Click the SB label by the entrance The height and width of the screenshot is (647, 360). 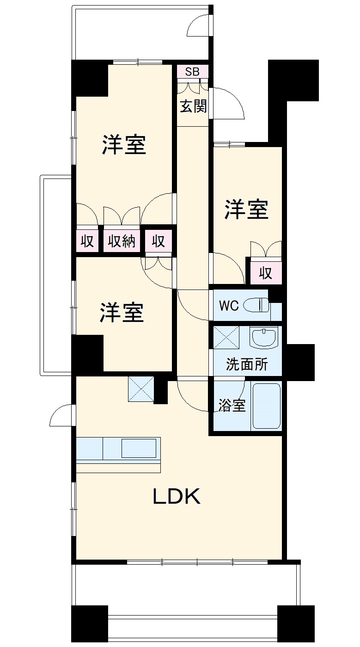(192, 72)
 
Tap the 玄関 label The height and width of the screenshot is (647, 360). (193, 107)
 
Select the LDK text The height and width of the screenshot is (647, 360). (177, 497)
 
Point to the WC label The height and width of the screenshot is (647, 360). (228, 306)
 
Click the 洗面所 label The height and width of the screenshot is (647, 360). (247, 364)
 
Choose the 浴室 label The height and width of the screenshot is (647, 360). (232, 406)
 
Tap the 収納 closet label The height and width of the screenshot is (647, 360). (122, 241)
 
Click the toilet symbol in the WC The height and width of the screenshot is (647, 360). (256, 306)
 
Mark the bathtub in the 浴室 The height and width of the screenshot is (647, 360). (267, 406)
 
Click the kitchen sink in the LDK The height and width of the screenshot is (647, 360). (139, 448)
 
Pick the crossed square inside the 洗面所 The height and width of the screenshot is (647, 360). (226, 337)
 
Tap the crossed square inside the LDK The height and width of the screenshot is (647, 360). (141, 389)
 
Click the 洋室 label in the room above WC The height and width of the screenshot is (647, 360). (247, 210)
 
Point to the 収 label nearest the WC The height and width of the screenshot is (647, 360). (265, 273)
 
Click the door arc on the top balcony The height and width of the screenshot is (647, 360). (199, 25)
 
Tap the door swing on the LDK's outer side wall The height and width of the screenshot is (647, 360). (61, 415)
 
